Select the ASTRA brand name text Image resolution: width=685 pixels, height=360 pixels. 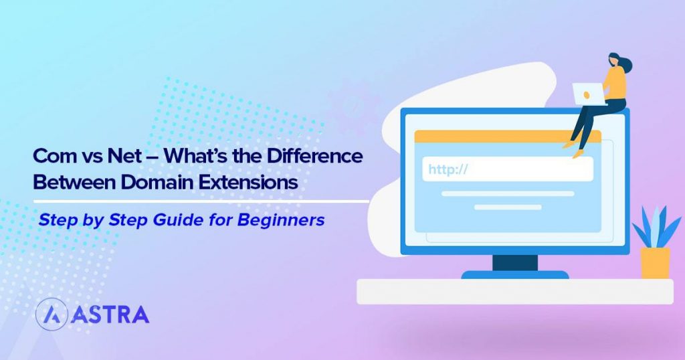tap(108, 314)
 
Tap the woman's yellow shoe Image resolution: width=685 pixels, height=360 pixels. tap(577, 153)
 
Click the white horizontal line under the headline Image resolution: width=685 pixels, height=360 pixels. tap(201, 201)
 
